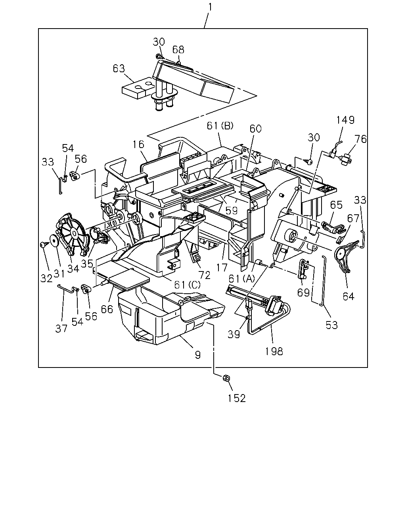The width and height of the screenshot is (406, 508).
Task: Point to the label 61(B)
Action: [x=220, y=126]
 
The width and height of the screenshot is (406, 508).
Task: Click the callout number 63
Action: [x=119, y=68]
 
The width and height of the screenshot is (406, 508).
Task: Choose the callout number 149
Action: [x=345, y=120]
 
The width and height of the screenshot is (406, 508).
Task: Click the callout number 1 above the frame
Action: [x=209, y=7]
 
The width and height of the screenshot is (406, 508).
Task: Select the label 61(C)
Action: [x=187, y=285]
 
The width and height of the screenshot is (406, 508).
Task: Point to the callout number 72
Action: [x=204, y=275]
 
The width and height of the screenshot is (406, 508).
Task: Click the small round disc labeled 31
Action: [x=55, y=241]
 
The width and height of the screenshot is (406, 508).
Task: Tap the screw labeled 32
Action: [x=44, y=244]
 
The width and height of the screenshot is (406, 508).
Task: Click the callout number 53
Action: [x=332, y=325]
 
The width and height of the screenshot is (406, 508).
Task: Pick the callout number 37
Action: [x=61, y=329]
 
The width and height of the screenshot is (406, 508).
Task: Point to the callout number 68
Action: [x=178, y=50]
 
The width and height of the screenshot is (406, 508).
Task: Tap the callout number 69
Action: [x=303, y=292]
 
